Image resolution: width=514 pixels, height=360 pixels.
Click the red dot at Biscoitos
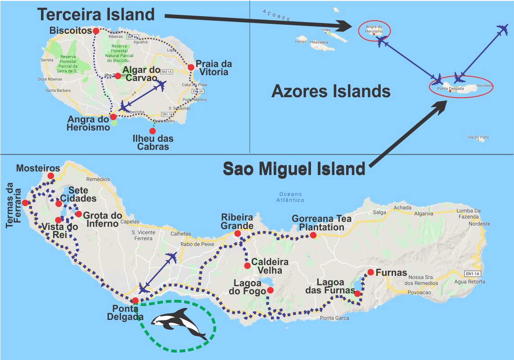click(96, 31)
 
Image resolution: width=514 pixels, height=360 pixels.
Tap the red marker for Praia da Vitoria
click(191, 67)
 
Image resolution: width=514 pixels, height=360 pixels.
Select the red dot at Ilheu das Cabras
click(153, 131)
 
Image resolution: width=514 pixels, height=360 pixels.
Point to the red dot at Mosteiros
click(50, 176)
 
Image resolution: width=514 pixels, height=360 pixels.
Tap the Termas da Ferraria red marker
click(25, 203)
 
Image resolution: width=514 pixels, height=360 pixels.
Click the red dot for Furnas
click(370, 272)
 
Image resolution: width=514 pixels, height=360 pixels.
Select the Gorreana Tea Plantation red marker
click(313, 235)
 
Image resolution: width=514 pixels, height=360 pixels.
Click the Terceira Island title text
click(96, 14)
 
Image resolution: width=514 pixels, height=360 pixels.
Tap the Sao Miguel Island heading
click(294, 169)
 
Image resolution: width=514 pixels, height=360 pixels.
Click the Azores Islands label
click(331, 91)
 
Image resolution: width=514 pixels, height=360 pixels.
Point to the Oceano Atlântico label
click(291, 198)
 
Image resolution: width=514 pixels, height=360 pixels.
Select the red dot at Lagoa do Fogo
click(270, 290)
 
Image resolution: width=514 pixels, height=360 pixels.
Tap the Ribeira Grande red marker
click(238, 233)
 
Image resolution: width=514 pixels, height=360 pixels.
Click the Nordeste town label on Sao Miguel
click(479, 224)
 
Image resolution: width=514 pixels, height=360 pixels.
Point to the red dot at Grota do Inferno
click(78, 214)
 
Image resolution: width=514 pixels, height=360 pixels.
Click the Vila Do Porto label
click(478, 137)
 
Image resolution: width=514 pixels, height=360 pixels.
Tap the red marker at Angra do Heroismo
click(113, 117)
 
